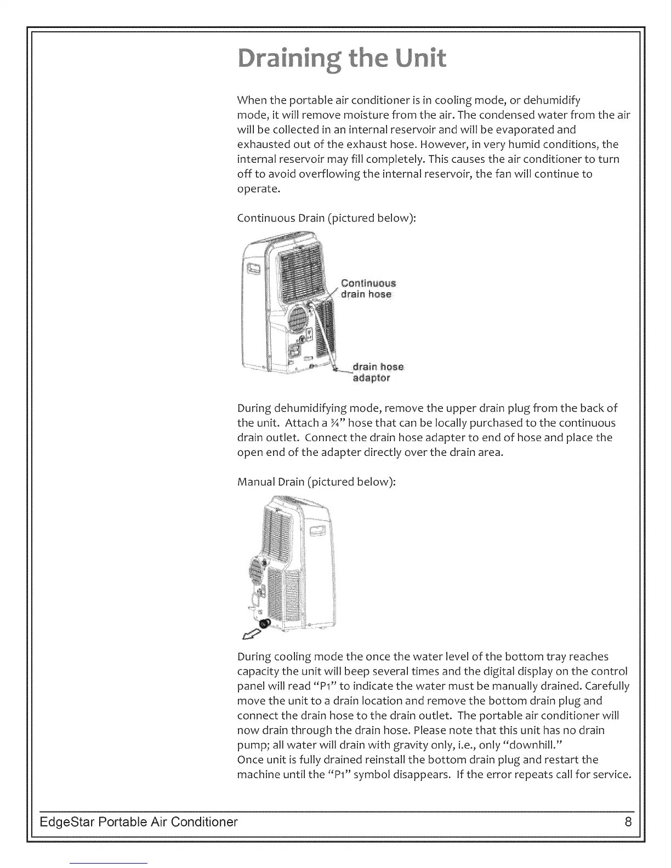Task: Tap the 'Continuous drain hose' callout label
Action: (367, 289)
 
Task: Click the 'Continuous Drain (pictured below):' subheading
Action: (327, 218)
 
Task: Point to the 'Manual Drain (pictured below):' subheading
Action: (316, 482)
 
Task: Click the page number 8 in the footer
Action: (628, 822)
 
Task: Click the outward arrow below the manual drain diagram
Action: (251, 635)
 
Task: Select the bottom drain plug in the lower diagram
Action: (265, 623)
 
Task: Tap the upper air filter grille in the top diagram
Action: (300, 263)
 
